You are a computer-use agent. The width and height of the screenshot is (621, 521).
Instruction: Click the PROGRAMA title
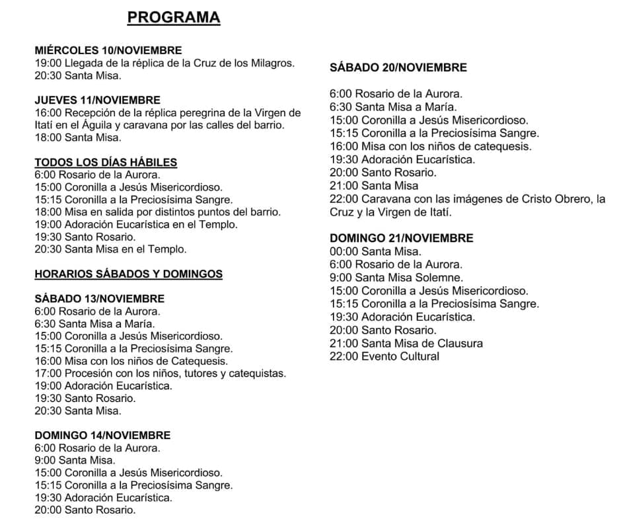click(173, 17)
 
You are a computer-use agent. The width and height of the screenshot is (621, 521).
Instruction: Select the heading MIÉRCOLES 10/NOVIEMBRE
click(108, 50)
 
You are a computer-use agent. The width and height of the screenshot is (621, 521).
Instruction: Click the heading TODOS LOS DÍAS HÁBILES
click(106, 163)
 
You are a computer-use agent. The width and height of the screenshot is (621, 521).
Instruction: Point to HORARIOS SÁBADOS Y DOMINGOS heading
click(128, 274)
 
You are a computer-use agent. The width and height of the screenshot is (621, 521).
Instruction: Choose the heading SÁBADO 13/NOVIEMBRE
click(99, 299)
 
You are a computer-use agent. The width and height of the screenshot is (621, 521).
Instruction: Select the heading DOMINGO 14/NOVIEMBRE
click(102, 435)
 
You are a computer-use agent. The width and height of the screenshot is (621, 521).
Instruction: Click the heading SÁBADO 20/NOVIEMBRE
click(398, 67)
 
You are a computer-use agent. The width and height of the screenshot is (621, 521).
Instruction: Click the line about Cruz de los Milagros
click(164, 63)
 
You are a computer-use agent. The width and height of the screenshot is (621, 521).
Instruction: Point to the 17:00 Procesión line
click(161, 374)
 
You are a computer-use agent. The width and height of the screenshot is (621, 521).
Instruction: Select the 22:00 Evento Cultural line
click(384, 356)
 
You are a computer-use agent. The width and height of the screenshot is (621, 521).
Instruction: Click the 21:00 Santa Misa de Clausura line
click(406, 343)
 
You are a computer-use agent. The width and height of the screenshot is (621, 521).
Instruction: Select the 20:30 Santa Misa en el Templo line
click(110, 249)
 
